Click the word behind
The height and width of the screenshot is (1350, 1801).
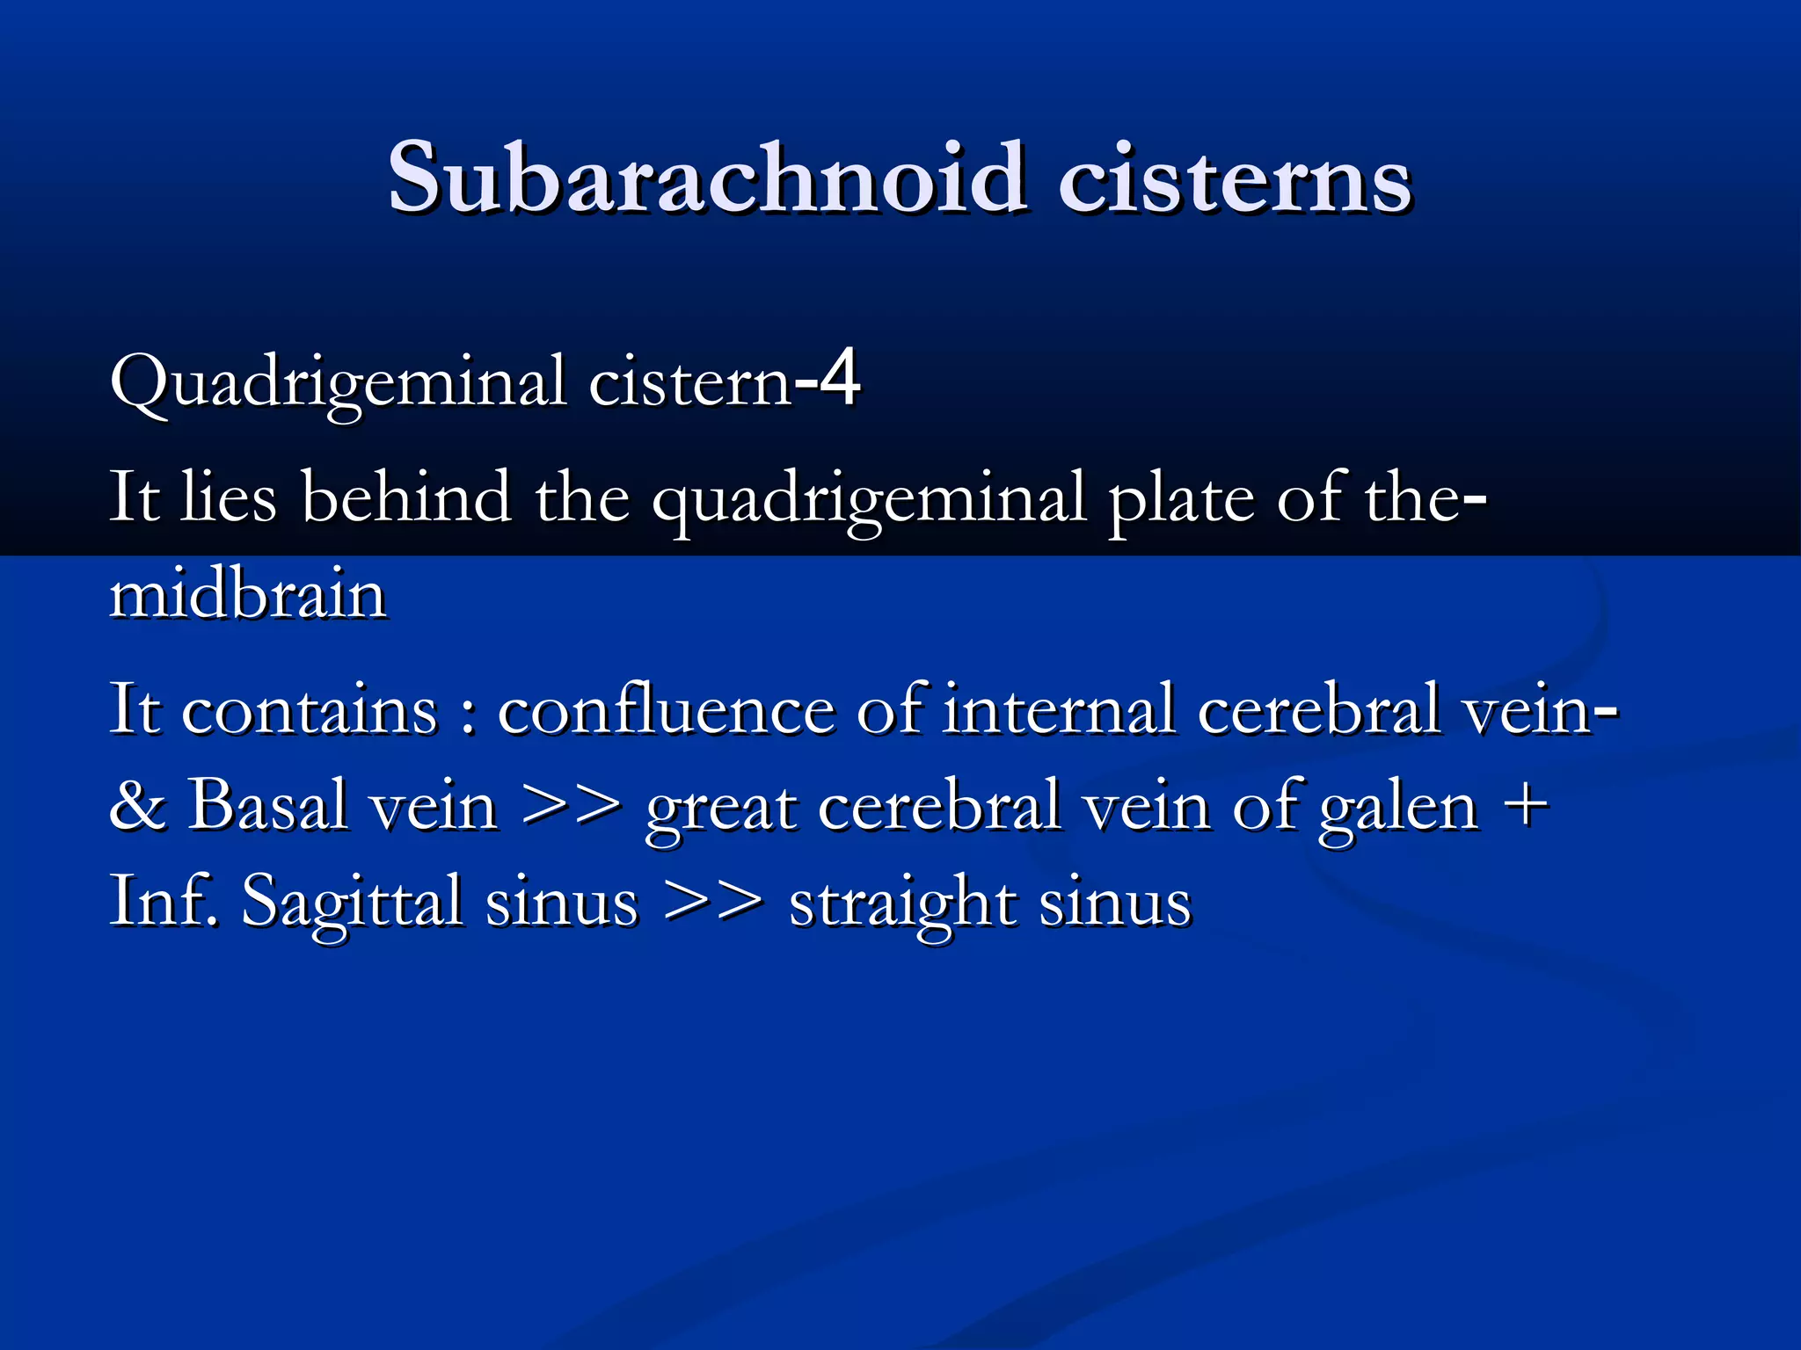406,497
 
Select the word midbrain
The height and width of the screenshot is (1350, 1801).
248,595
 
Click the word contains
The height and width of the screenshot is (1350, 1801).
309,709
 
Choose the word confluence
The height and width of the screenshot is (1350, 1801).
666,709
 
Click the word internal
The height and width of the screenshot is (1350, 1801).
1059,709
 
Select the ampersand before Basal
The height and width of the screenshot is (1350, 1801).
137,805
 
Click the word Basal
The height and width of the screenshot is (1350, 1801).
267,805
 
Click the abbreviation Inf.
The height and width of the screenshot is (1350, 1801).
164,901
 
